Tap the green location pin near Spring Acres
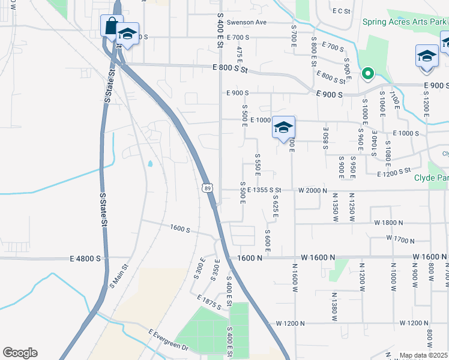coord(367,74)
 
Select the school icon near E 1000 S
coord(284,128)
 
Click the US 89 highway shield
coord(206,188)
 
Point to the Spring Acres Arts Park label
coord(405,22)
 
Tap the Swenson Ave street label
coord(250,22)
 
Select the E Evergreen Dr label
coord(169,340)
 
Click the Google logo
coord(20,353)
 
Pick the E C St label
coord(341,11)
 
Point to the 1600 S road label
coord(179,229)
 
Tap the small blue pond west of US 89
coord(149,163)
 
